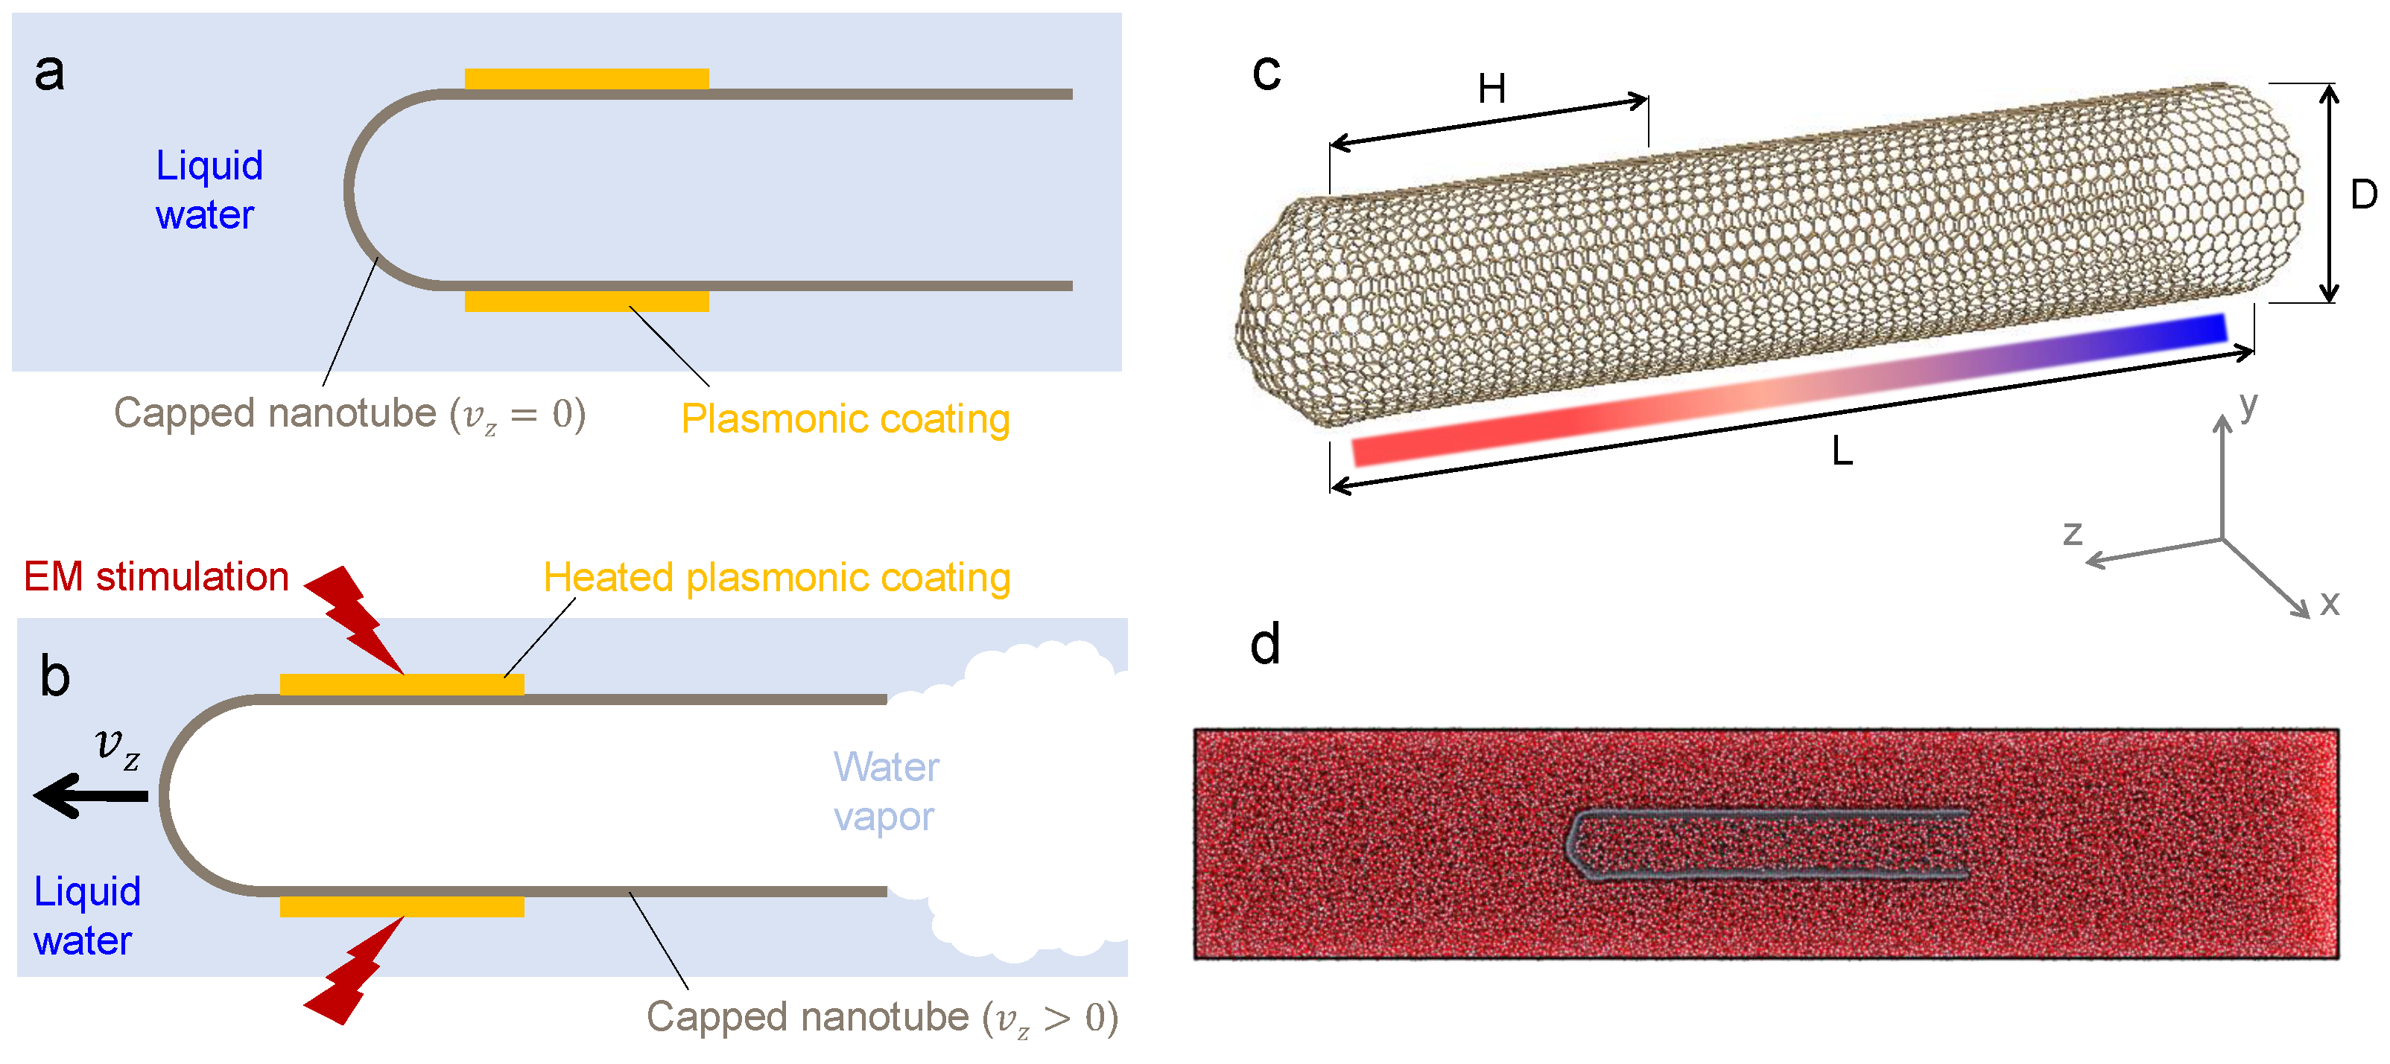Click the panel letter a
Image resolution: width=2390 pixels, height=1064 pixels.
50,72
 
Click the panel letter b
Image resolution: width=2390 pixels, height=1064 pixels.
54,676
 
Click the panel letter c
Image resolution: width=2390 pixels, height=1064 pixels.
1266,72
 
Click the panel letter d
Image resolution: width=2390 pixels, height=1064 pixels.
1264,644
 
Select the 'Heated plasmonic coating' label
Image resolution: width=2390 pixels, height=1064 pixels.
776,578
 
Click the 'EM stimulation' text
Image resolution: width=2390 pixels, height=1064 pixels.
156,577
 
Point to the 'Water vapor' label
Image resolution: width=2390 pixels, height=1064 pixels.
885,791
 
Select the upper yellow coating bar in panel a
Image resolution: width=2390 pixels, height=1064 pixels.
586,79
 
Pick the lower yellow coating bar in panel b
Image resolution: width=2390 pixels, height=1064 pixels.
402,906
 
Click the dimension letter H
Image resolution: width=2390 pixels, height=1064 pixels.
1491,90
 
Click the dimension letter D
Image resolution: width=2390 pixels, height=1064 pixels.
2363,195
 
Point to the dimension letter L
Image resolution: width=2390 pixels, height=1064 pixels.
1842,452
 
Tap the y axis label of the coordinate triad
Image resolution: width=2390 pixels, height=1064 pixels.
2247,404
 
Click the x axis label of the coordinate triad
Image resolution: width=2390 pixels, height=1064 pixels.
2329,603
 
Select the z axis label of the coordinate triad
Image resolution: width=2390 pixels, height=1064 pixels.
2072,533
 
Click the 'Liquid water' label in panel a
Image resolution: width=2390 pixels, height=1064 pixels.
209,190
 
